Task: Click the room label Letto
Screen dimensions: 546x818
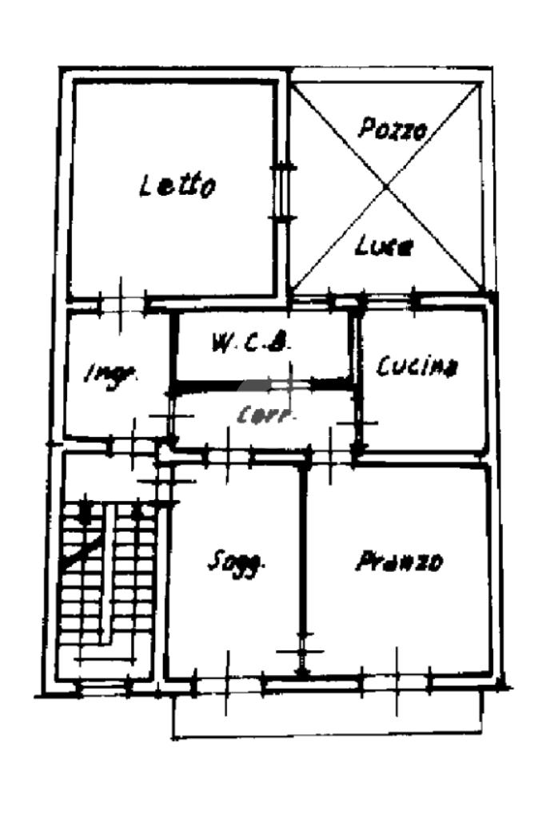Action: tap(177, 185)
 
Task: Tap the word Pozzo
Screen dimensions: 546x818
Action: tap(392, 128)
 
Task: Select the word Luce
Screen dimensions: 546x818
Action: tap(384, 246)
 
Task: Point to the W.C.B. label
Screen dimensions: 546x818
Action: tap(249, 345)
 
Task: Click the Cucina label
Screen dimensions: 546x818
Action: tap(417, 367)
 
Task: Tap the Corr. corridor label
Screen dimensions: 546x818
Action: tap(266, 415)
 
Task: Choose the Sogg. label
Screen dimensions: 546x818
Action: tap(236, 562)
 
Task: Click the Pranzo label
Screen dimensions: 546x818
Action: tap(398, 562)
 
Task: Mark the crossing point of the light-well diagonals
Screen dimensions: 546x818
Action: tap(387, 186)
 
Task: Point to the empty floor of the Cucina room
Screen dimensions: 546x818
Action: tap(424, 415)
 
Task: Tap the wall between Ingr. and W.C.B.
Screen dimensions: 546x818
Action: tap(172, 351)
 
